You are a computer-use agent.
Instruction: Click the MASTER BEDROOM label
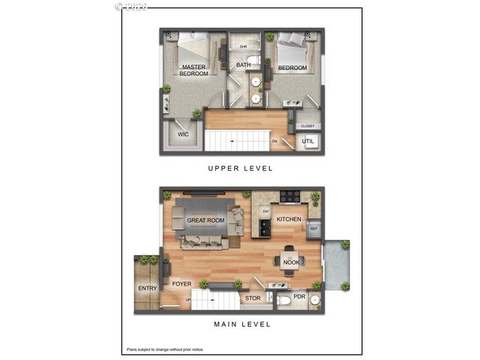point(194,70)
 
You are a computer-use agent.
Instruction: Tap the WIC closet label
point(182,135)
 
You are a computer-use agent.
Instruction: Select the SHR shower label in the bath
point(243,46)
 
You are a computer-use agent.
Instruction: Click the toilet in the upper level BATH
point(253,60)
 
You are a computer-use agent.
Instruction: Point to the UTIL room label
point(308,141)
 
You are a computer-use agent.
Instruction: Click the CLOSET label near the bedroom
point(307,126)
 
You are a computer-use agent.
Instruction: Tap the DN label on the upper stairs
point(274,141)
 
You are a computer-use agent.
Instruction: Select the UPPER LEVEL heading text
point(240,169)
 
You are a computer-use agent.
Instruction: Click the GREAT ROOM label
point(205,220)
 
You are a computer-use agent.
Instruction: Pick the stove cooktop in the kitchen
point(290,198)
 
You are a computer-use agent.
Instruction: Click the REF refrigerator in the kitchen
point(314,229)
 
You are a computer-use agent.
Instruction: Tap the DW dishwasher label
point(265,212)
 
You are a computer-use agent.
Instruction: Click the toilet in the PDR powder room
point(283,300)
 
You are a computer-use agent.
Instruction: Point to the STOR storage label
point(253,298)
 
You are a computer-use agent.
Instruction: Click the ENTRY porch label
point(147,289)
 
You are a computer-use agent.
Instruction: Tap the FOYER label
point(181,284)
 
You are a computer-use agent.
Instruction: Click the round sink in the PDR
point(314,301)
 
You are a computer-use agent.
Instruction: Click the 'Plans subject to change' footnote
point(164,349)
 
